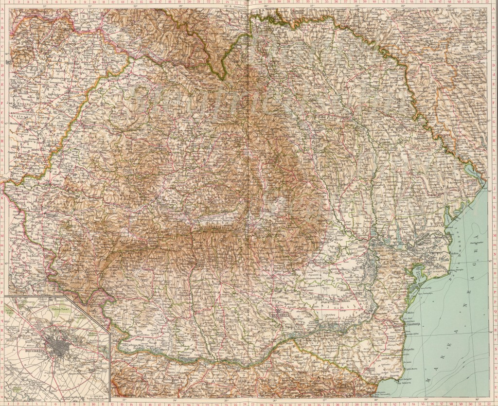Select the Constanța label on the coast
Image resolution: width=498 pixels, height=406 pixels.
[x=413, y=326]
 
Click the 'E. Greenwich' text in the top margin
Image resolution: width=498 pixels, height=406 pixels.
[x=240, y=6]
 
